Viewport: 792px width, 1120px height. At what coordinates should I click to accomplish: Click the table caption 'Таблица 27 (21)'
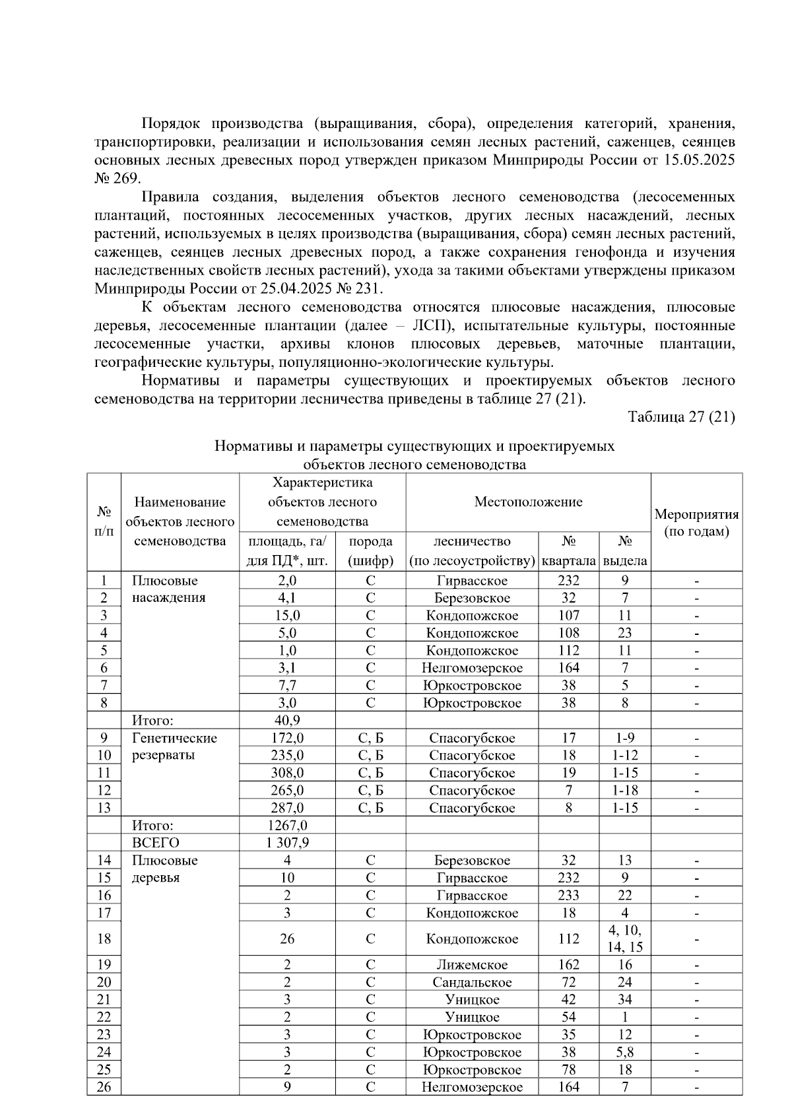[681, 417]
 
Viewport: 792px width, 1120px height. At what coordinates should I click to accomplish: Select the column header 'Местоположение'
[528, 502]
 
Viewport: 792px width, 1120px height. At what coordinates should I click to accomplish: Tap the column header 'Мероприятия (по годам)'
[696, 523]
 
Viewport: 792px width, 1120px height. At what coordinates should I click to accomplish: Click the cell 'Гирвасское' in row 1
[472, 581]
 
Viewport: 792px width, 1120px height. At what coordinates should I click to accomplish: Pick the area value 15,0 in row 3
[287, 616]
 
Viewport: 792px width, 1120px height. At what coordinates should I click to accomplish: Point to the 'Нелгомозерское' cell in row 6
[472, 668]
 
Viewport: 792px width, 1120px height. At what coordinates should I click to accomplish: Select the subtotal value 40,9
[287, 720]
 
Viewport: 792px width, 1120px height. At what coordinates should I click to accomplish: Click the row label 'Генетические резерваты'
[174, 746]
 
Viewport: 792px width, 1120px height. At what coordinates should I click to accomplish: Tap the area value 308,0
[287, 773]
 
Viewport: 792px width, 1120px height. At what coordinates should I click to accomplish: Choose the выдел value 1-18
[624, 791]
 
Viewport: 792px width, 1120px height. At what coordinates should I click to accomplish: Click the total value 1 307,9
[287, 843]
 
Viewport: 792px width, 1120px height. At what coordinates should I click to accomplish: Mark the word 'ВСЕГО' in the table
[156, 843]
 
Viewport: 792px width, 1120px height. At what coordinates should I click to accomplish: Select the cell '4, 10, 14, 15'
[624, 939]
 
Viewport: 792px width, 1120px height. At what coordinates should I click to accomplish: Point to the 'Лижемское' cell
[472, 965]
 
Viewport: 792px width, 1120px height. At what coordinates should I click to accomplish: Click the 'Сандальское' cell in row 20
[472, 982]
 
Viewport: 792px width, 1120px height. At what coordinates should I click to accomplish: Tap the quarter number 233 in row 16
[568, 896]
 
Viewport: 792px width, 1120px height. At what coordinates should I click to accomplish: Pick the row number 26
[104, 1087]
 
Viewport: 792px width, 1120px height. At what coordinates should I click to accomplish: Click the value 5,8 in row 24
[624, 1052]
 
